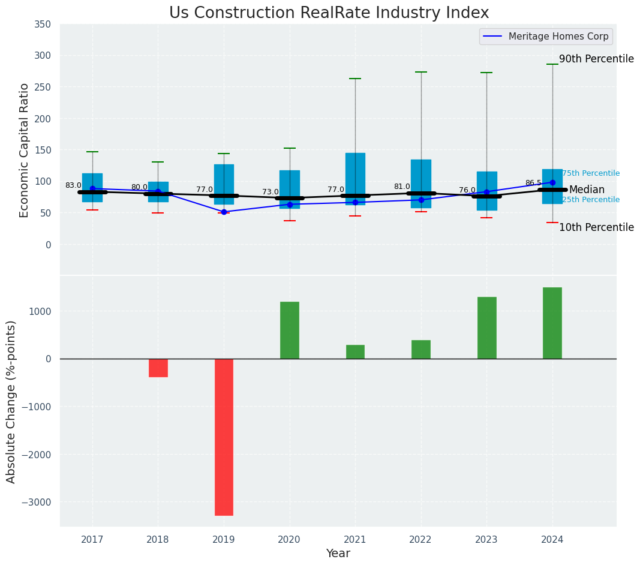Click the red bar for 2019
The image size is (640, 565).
pyautogui.click(x=224, y=437)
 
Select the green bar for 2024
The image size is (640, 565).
pyautogui.click(x=552, y=323)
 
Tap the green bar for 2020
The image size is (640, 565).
pyautogui.click(x=290, y=330)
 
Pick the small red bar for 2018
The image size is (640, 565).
pyautogui.click(x=158, y=368)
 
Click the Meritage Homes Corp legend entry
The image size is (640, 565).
pyautogui.click(x=546, y=37)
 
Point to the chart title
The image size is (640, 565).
pyautogui.click(x=329, y=13)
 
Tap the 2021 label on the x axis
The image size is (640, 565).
pyautogui.click(x=355, y=540)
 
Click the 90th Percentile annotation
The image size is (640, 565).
pyautogui.click(x=596, y=59)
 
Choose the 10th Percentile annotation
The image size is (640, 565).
pyautogui.click(x=596, y=227)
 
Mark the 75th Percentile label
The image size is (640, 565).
pyautogui.click(x=591, y=173)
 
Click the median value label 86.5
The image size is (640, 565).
pyautogui.click(x=533, y=184)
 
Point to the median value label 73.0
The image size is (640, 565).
pyautogui.click(x=270, y=193)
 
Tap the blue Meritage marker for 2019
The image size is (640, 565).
pyautogui.click(x=224, y=212)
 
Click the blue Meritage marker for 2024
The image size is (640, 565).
pyautogui.click(x=552, y=182)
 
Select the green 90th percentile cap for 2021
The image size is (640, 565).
pyautogui.click(x=355, y=79)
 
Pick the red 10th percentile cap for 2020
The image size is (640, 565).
pyautogui.click(x=290, y=221)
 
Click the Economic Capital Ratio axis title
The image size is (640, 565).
pyautogui.click(x=25, y=150)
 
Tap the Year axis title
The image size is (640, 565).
pyautogui.click(x=338, y=554)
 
